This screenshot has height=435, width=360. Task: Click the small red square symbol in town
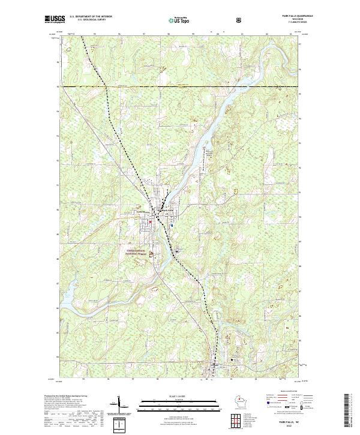(150, 223)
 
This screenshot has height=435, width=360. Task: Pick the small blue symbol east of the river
(172, 226)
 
